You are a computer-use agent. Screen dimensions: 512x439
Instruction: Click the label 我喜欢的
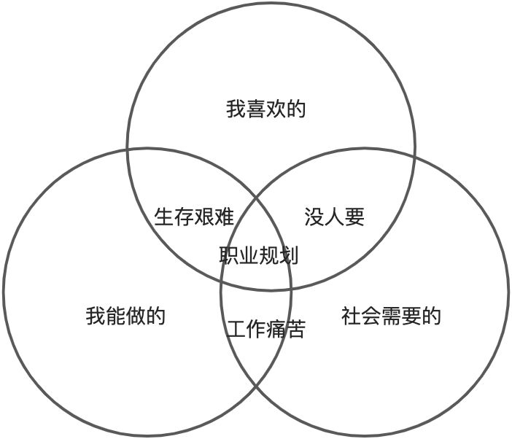click(265, 109)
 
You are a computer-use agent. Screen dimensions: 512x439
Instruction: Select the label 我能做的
click(125, 316)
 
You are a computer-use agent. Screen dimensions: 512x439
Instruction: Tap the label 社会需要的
click(391, 316)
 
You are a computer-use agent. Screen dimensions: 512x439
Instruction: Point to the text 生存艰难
click(194, 217)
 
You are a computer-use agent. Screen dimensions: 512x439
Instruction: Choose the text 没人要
click(333, 217)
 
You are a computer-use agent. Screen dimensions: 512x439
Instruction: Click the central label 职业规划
click(258, 255)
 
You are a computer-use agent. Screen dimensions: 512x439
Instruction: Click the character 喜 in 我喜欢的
click(255, 109)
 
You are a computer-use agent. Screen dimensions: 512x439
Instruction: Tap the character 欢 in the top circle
click(276, 109)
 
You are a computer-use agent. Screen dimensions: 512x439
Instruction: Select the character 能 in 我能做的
click(115, 316)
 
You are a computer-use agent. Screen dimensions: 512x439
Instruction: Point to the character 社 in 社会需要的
click(351, 316)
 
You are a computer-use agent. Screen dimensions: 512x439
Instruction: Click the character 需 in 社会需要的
click(391, 316)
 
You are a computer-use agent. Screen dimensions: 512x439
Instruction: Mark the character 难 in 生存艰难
click(224, 217)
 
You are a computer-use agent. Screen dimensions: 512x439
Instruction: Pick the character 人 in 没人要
click(333, 217)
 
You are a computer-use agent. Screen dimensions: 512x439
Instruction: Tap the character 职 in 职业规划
click(228, 255)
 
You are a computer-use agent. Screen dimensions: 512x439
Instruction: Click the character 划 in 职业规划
click(288, 255)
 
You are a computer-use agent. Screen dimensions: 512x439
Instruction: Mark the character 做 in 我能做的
click(136, 316)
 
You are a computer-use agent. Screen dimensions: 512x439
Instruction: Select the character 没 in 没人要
click(314, 217)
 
